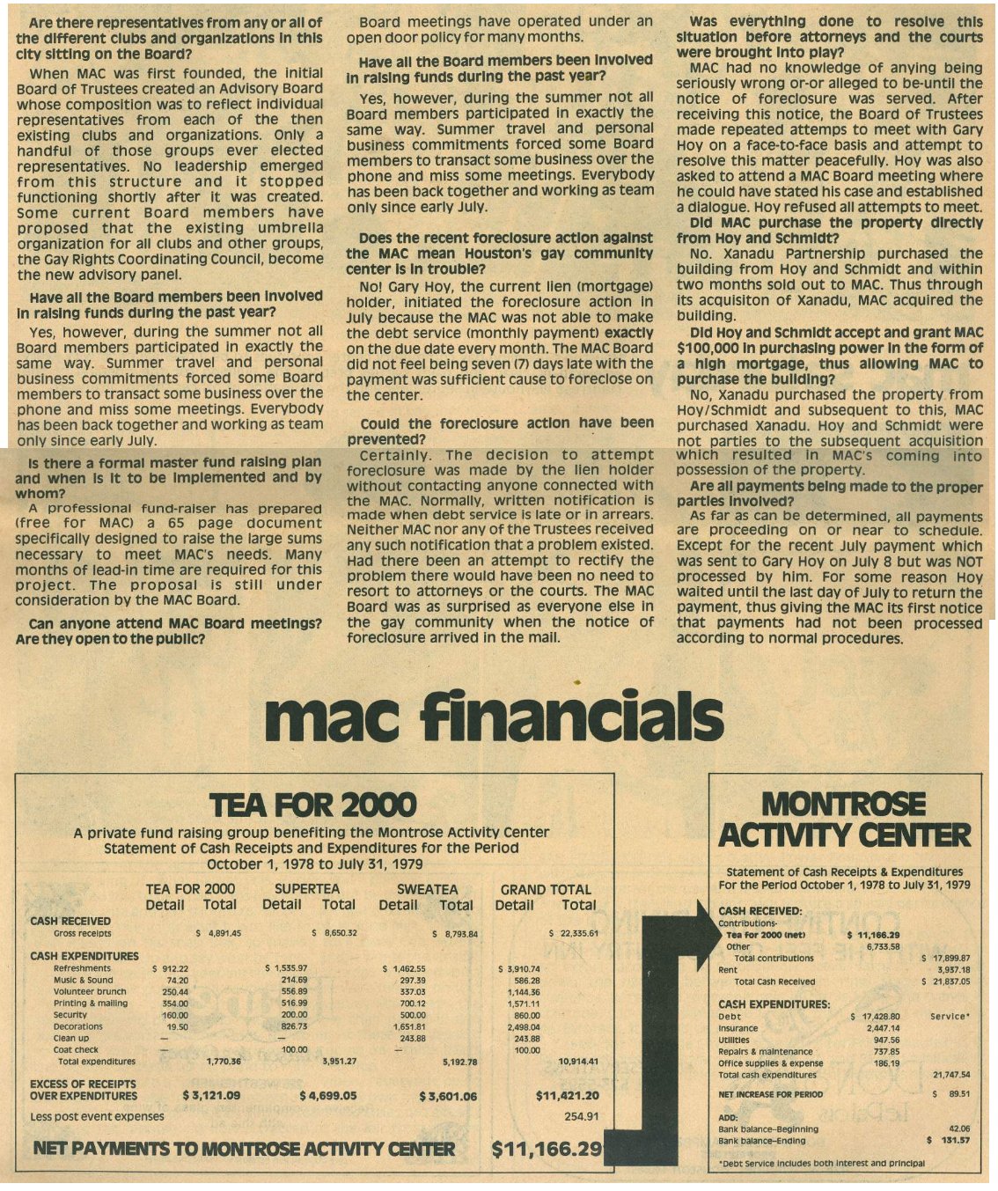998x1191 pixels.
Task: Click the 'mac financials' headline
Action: click(x=493, y=718)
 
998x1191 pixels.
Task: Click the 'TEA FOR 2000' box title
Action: click(x=313, y=805)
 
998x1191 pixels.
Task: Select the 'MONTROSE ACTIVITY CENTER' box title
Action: click(x=844, y=820)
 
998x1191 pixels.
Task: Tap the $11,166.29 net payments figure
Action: click(x=547, y=1149)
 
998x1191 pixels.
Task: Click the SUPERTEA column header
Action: click(x=307, y=889)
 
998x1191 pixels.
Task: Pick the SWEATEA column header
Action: click(x=427, y=889)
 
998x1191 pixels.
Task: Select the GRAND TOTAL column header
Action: click(x=546, y=889)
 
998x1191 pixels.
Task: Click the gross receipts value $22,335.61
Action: click(x=573, y=934)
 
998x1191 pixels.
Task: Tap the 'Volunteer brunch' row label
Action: click(x=90, y=991)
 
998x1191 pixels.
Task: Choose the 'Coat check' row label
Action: click(x=77, y=1049)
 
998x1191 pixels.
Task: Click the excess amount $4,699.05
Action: click(x=327, y=1096)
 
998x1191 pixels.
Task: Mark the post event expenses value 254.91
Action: click(x=581, y=1116)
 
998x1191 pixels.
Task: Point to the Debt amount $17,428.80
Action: click(x=875, y=1017)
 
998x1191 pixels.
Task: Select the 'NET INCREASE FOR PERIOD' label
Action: click(x=771, y=1094)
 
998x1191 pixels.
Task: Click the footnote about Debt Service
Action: click(x=821, y=1163)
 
